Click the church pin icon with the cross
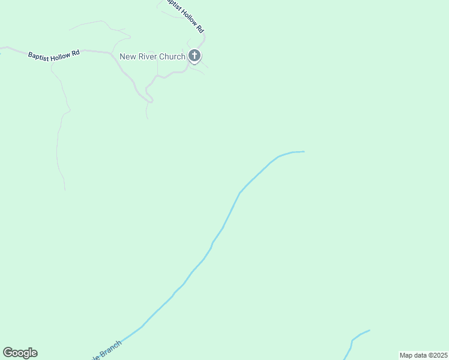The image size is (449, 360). pyautogui.click(x=194, y=56)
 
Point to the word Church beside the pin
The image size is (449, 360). pyautogui.click(x=173, y=57)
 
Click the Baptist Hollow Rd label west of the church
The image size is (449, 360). pyautogui.click(x=54, y=54)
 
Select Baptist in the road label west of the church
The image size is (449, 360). pyautogui.click(x=38, y=54)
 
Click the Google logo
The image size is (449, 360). pyautogui.click(x=20, y=353)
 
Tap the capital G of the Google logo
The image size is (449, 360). pyautogui.click(x=7, y=352)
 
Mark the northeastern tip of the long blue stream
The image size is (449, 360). pyautogui.click(x=304, y=151)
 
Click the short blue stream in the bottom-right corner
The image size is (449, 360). pyautogui.click(x=354, y=340)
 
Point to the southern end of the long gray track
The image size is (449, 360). pyautogui.click(x=65, y=190)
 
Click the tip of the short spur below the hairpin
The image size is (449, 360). pyautogui.click(x=148, y=118)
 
